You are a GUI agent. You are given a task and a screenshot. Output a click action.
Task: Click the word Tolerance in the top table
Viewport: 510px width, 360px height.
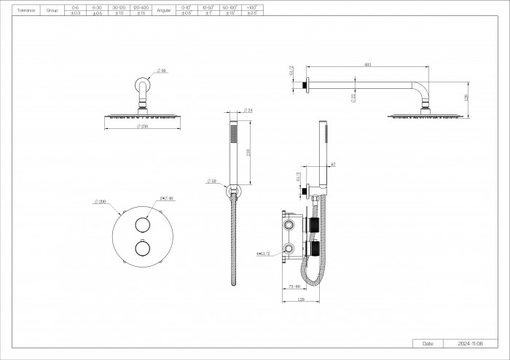tap(27, 11)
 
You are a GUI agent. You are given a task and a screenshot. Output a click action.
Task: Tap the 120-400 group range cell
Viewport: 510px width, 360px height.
tap(141, 7)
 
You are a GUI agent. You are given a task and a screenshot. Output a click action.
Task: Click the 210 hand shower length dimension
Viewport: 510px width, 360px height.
tap(248, 152)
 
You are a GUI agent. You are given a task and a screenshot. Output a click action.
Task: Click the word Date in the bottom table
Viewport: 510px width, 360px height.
tap(428, 343)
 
